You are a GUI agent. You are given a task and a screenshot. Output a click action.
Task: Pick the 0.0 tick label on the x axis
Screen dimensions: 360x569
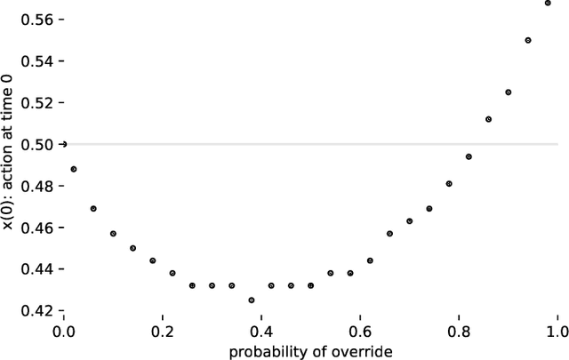pyautogui.click(x=64, y=332)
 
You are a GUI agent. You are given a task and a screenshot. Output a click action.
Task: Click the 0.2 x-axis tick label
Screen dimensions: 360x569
pyautogui.click(x=163, y=332)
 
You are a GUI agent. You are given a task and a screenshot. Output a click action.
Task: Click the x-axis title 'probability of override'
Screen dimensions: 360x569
pyautogui.click(x=310, y=350)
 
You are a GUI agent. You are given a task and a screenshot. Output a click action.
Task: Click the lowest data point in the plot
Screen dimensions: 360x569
pyautogui.click(x=252, y=300)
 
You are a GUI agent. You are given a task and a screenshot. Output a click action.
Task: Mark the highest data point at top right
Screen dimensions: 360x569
pyautogui.click(x=548, y=3)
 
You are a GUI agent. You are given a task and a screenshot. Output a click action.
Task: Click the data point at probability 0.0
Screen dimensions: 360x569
pyautogui.click(x=64, y=144)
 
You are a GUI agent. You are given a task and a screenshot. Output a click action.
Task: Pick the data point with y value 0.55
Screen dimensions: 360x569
pyautogui.click(x=528, y=40)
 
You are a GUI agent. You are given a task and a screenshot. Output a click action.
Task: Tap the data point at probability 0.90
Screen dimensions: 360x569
pyautogui.click(x=509, y=92)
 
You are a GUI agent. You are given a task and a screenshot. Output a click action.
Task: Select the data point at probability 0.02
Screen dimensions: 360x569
pyautogui.click(x=74, y=169)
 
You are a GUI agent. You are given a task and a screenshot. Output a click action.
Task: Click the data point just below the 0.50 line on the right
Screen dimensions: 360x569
pyautogui.click(x=469, y=156)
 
